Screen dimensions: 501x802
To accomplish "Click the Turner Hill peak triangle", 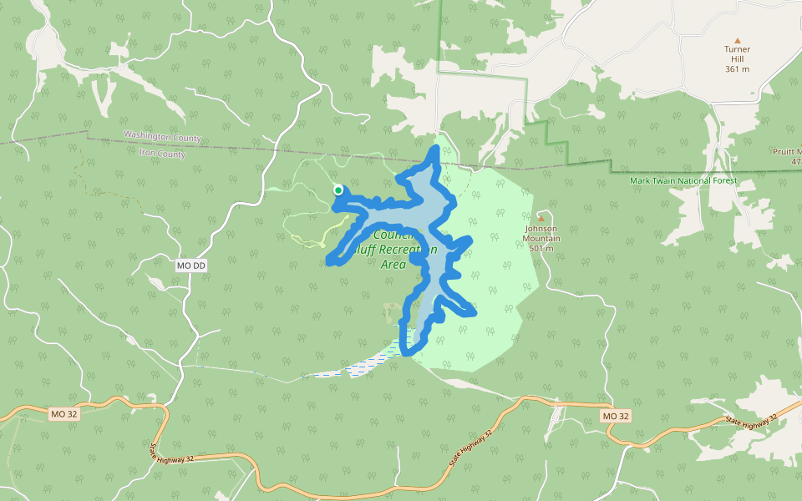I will tap(737, 40).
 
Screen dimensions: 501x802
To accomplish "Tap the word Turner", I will tap(737, 49).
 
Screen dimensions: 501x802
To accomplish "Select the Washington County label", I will tap(162, 137).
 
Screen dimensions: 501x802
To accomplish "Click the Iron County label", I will tap(162, 154).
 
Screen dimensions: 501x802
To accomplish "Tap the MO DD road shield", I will tap(191, 266).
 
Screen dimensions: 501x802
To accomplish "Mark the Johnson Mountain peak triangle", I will tap(541, 219).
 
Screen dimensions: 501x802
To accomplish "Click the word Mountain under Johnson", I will tap(541, 239).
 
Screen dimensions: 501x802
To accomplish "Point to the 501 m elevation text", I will tap(541, 249).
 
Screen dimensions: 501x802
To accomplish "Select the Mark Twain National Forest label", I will tap(683, 180).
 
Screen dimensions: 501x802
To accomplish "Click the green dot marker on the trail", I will tap(338, 190).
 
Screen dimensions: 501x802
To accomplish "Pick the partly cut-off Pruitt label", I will tap(787, 151).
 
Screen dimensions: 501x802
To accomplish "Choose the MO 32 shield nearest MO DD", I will tap(63, 414).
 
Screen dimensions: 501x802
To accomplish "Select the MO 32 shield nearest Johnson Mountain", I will tap(615, 416).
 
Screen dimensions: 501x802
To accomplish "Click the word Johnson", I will tap(541, 229).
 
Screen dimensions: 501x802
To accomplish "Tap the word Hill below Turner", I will tap(737, 59).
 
